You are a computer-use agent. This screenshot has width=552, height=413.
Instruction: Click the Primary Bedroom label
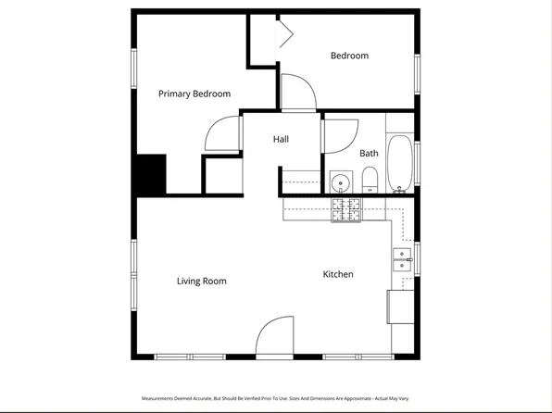tap(194, 94)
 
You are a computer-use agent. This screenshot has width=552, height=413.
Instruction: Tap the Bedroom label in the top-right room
tap(349, 56)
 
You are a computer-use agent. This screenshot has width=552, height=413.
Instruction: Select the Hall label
tap(281, 139)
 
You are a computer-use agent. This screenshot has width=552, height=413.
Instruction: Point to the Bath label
tap(369, 154)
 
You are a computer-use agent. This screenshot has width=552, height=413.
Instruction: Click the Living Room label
tap(201, 282)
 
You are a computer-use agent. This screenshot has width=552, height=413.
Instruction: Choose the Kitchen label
tap(337, 274)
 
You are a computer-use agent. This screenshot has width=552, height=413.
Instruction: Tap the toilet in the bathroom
tap(370, 179)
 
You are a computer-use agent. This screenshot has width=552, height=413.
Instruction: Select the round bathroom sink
tap(340, 181)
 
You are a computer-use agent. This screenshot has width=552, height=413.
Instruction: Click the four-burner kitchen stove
tap(347, 211)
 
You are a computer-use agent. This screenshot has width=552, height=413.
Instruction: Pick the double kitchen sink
tap(402, 259)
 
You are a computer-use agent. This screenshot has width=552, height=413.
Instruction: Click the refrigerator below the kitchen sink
tap(400, 307)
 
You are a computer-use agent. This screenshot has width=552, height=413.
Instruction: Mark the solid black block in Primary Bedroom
tap(151, 173)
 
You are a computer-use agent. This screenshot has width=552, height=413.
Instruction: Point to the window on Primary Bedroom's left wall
tap(133, 69)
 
